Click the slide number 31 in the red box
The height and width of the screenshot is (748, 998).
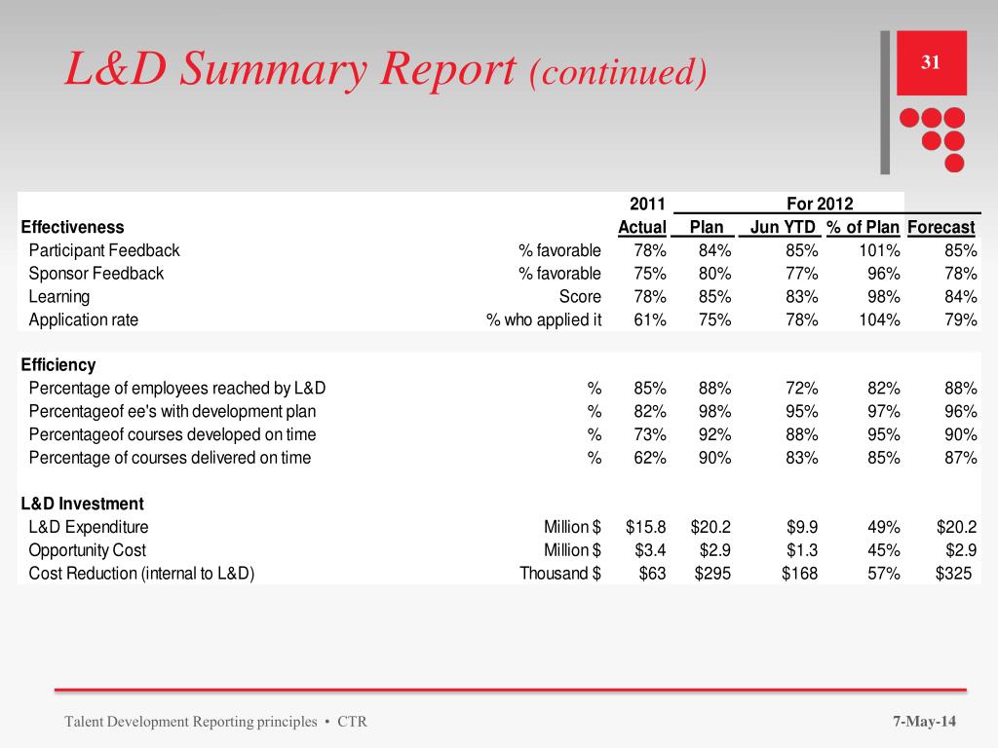pyautogui.click(x=931, y=63)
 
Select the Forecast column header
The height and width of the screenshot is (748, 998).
pyautogui.click(x=940, y=227)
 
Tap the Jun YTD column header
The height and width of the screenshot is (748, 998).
pyautogui.click(x=782, y=227)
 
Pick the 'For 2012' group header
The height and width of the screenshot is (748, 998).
pyautogui.click(x=819, y=204)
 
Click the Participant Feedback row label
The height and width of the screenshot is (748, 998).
pyautogui.click(x=104, y=250)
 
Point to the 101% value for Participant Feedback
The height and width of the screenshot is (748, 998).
pyautogui.click(x=880, y=250)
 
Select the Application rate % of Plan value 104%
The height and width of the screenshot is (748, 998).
pyautogui.click(x=880, y=320)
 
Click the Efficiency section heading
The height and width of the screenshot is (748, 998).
pyautogui.click(x=58, y=365)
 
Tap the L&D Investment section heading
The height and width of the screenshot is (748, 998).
pyautogui.click(x=82, y=504)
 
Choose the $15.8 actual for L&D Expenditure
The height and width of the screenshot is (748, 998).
pyautogui.click(x=645, y=527)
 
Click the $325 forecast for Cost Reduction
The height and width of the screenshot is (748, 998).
pyautogui.click(x=953, y=574)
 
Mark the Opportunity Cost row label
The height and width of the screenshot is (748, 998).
pyautogui.click(x=88, y=550)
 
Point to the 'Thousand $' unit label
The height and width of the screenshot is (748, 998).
pyautogui.click(x=559, y=574)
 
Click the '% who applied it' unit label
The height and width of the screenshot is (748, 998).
pyautogui.click(x=544, y=320)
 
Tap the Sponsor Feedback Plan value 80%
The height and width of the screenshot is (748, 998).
pyautogui.click(x=714, y=274)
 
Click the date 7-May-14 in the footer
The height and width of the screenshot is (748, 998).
pyautogui.click(x=925, y=722)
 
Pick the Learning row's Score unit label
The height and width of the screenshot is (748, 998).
pyautogui.click(x=581, y=297)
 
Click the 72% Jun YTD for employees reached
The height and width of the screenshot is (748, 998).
pyautogui.click(x=802, y=388)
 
